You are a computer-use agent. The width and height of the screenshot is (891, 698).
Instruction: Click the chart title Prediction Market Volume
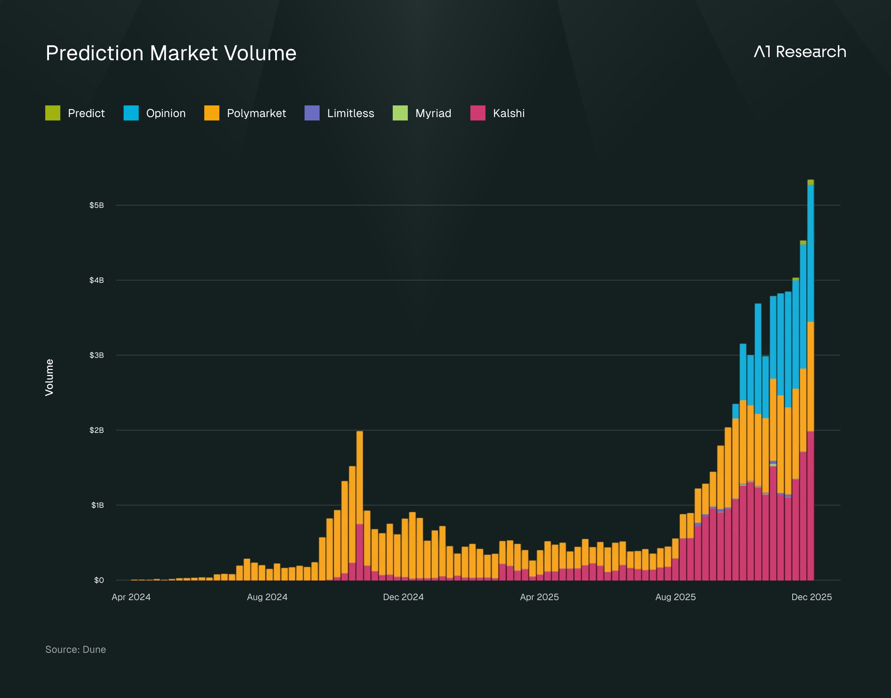pos(171,53)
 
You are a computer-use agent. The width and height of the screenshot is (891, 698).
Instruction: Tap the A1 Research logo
pos(800,52)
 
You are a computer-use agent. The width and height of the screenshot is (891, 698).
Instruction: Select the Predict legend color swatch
pos(53,113)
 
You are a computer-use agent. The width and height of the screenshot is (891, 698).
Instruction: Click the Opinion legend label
pos(166,113)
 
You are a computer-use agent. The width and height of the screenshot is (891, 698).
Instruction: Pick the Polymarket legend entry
pos(245,113)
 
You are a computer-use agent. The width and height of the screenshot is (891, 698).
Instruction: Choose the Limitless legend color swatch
pos(312,113)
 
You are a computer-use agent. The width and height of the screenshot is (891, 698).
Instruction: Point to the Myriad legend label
pos(433,113)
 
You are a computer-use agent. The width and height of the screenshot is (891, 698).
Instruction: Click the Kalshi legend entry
pos(498,113)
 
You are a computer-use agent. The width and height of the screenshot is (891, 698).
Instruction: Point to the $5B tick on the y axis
pos(96,205)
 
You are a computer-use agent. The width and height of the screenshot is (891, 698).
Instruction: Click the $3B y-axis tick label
pos(96,355)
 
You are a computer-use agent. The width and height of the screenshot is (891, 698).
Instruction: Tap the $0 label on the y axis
pos(99,580)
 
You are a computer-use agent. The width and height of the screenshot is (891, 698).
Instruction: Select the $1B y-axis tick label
pos(97,505)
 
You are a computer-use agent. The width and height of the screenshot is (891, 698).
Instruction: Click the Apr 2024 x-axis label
pos(131,597)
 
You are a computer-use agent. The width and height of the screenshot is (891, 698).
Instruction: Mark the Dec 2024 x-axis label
pos(403,597)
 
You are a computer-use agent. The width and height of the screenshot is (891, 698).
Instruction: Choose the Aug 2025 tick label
pos(675,597)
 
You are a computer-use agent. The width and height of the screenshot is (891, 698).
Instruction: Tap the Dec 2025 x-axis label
pos(811,597)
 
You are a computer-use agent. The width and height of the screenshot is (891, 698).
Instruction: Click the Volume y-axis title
pos(49,378)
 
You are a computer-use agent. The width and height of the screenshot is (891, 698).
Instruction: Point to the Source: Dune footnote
pos(76,649)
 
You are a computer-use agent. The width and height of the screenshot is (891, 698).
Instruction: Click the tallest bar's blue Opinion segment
pos(810,253)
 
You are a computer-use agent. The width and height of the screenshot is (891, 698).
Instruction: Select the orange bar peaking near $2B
pos(360,478)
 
